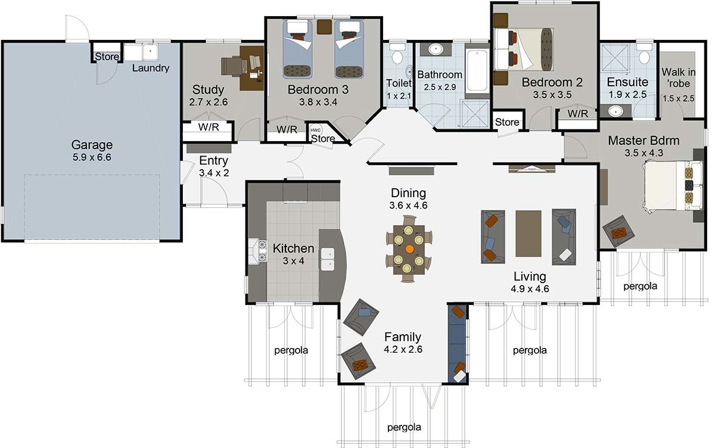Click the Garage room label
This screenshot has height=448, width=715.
point(92,145)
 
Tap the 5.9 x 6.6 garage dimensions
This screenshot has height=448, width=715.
point(92,157)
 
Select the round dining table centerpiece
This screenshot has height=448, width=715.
point(409,248)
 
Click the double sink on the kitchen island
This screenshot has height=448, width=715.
point(328,260)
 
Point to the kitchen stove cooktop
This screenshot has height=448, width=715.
point(261,250)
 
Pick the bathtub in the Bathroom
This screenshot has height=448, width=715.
point(477,70)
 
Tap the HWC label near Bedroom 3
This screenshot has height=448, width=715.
point(315,129)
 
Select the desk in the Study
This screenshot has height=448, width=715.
point(251,68)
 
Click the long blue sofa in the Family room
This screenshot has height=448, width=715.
point(458,343)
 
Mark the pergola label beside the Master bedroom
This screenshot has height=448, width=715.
point(640,286)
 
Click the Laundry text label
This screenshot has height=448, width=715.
point(151,68)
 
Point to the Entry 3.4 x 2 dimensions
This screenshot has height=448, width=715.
point(214,173)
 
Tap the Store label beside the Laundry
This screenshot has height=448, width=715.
point(107,57)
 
